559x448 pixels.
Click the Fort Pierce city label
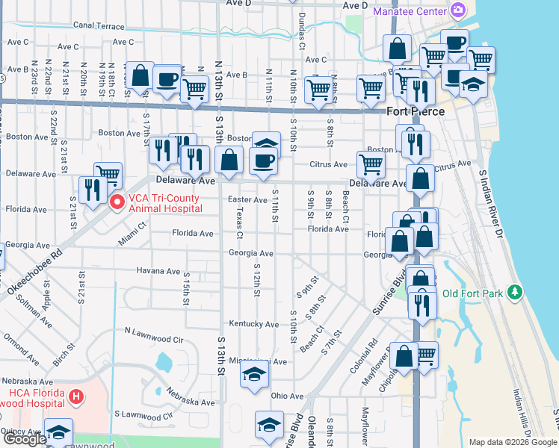coord(416,111)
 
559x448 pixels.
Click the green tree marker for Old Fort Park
coord(513,293)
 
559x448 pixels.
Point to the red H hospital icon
coord(75,396)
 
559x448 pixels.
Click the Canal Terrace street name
coord(99,25)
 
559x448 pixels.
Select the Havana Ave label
coord(158,271)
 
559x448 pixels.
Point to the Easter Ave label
coord(247,200)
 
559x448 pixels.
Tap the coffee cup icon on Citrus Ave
coord(262,161)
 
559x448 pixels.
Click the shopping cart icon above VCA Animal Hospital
coord(108,175)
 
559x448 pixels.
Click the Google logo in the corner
coord(25,439)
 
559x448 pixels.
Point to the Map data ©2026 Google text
coord(512,442)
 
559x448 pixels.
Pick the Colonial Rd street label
coord(363,359)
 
